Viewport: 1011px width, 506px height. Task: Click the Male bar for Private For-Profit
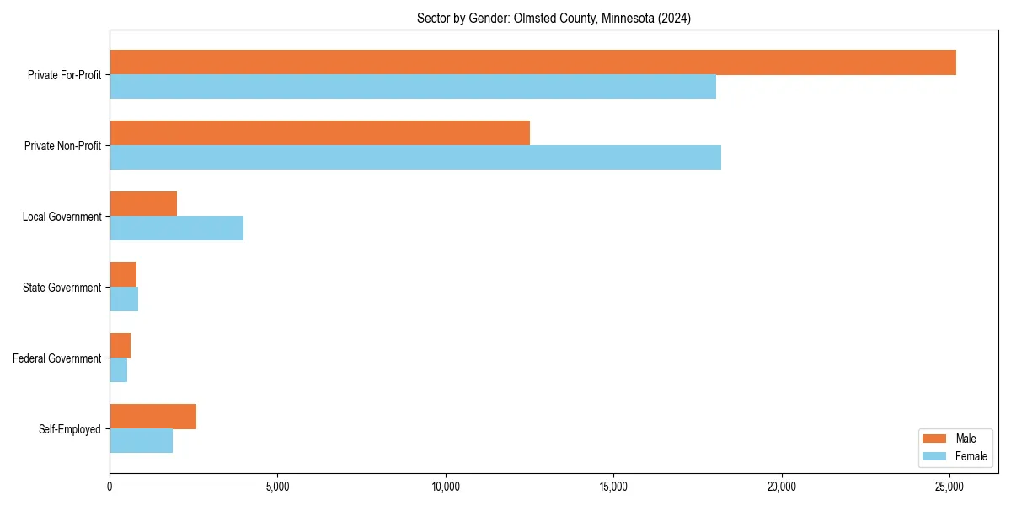click(x=532, y=62)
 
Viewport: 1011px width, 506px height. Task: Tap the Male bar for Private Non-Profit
click(x=320, y=133)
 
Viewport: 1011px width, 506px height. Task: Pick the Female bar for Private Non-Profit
click(x=415, y=158)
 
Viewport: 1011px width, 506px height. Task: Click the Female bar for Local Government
click(x=177, y=229)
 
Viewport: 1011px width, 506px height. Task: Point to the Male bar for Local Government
click(x=143, y=204)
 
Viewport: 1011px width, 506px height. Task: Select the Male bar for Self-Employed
click(x=153, y=417)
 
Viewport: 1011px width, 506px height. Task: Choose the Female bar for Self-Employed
click(x=142, y=441)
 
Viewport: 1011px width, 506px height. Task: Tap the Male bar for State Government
click(x=123, y=275)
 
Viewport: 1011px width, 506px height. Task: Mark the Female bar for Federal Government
click(x=119, y=370)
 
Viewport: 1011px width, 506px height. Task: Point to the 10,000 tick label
click(x=445, y=486)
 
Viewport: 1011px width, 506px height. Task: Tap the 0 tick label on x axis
click(x=110, y=486)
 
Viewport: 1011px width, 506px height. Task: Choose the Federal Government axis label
click(x=57, y=358)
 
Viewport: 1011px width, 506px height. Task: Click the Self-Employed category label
click(x=70, y=429)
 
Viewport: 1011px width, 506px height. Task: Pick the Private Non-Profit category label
click(x=62, y=146)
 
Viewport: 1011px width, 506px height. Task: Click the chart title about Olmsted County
click(x=554, y=19)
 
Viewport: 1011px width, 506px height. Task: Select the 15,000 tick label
click(x=613, y=486)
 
